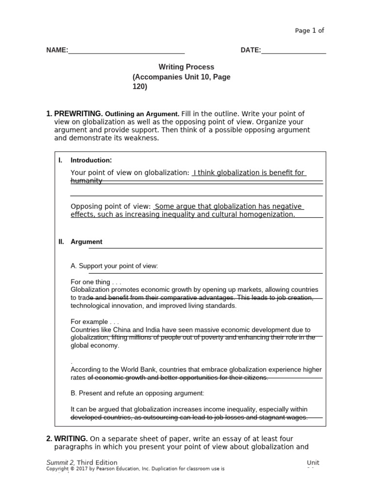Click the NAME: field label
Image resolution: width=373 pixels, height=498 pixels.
click(x=57, y=50)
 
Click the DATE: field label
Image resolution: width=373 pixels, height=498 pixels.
click(x=251, y=50)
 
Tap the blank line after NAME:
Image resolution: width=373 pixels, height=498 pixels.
click(x=126, y=51)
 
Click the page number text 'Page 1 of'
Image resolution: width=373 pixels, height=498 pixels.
click(x=309, y=31)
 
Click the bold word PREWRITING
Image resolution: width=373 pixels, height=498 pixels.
click(x=78, y=114)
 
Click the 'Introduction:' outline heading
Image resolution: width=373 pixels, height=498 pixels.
click(x=91, y=160)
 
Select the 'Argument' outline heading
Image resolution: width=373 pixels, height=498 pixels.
click(x=86, y=242)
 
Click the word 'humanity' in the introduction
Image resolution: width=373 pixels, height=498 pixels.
click(x=86, y=181)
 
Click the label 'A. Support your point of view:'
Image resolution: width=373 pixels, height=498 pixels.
click(x=114, y=266)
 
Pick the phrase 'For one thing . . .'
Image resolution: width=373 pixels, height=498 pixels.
click(x=96, y=282)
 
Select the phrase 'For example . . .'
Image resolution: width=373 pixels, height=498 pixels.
click(x=95, y=322)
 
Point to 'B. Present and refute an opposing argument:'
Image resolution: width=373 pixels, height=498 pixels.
click(x=137, y=393)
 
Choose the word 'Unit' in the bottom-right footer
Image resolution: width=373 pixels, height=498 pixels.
click(x=313, y=462)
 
